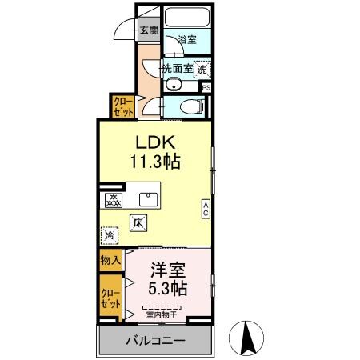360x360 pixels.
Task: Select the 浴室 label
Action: click(186, 39)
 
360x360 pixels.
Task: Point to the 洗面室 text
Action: click(177, 69)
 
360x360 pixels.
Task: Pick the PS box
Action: click(206, 88)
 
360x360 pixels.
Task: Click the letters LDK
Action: click(155, 142)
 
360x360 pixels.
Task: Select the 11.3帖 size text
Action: click(155, 161)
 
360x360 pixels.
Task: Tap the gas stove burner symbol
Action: click(113, 201)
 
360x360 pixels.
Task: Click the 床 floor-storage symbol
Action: click(138, 223)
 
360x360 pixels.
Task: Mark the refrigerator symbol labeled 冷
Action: click(110, 237)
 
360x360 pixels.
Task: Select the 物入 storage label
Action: click(110, 260)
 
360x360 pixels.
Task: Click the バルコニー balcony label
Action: click(155, 342)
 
